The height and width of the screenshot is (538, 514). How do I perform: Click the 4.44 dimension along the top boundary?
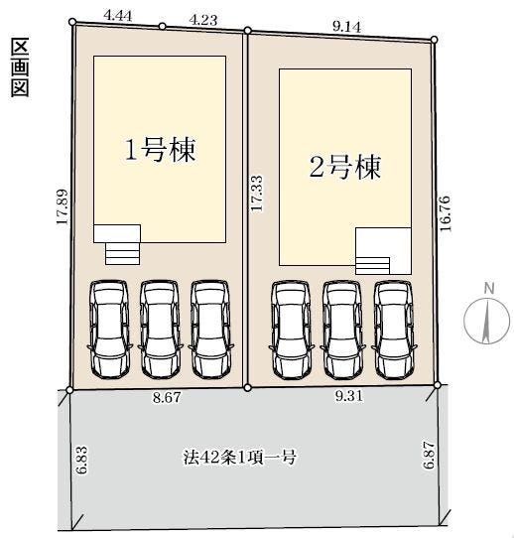pos(118,16)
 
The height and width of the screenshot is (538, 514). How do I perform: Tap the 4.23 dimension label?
pos(203,20)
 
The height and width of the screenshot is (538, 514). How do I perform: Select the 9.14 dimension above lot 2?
pos(346,27)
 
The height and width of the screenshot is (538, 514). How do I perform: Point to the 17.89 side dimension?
pos(63,206)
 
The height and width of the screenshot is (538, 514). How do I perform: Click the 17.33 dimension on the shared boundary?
pos(256,194)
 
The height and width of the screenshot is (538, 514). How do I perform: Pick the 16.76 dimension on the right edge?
pos(446,213)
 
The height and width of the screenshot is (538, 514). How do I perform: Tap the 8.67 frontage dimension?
pos(167,397)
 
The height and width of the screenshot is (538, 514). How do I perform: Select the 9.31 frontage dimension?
pos(348,396)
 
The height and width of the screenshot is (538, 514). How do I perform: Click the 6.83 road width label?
pos(82,460)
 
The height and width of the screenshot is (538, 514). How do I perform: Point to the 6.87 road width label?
pos(429,455)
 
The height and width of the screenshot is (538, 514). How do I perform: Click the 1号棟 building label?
pos(160,150)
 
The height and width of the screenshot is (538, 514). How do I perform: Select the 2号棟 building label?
pos(345,167)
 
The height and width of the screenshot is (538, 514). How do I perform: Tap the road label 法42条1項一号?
pos(239,457)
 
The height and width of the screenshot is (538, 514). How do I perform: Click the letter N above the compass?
pos(489,289)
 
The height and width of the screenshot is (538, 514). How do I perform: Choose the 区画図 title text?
pos(20,67)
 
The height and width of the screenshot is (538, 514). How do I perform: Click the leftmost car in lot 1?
pos(109,330)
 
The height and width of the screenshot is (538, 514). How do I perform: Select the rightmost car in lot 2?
pos(394,331)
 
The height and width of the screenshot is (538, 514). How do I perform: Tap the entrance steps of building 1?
pos(123,254)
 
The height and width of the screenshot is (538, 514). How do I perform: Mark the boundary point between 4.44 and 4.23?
pos(162,27)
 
